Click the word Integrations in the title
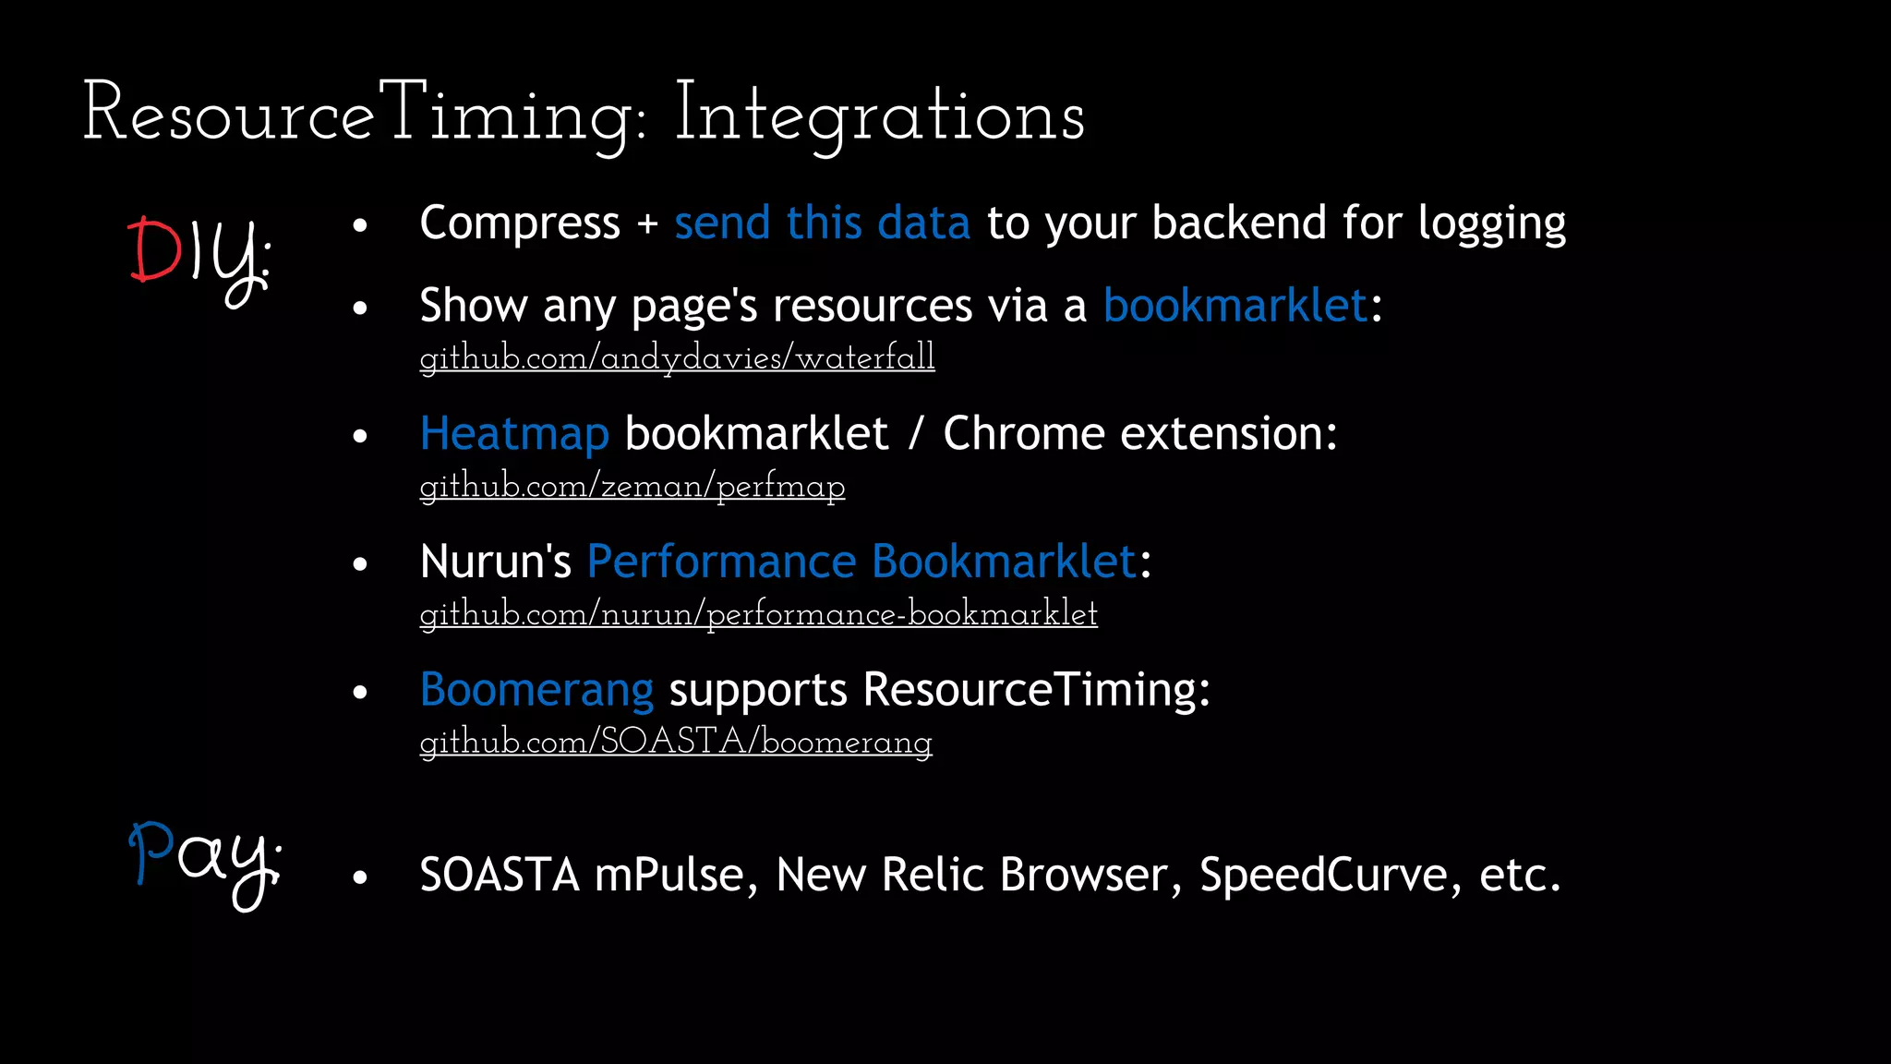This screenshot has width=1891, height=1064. coord(879,115)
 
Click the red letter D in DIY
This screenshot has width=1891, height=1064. coord(154,250)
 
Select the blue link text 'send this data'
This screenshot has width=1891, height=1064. coord(822,224)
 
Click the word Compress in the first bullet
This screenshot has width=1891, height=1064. coord(520,224)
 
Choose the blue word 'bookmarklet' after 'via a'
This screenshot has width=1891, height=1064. coord(1235,306)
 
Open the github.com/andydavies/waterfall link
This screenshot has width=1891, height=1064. coord(677,357)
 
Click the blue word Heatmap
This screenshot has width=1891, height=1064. coord(514,434)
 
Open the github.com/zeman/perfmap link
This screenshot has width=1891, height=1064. coord(632,486)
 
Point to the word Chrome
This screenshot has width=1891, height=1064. coord(1023,434)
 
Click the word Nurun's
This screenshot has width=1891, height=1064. coord(496,562)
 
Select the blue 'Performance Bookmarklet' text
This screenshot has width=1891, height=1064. coord(861,562)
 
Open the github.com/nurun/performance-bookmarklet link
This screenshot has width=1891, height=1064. coord(758,614)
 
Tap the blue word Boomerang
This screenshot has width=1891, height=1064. coord(536,690)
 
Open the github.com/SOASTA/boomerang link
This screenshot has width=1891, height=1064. coord(676,742)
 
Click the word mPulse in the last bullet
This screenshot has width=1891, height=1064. coord(669,875)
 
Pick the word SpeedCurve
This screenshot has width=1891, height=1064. coord(1323,875)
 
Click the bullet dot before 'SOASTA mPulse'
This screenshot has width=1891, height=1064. coord(360,877)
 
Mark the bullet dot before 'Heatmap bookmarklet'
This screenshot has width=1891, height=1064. coord(360,437)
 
